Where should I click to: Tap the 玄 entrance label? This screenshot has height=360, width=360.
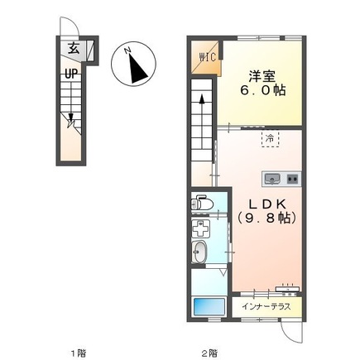click(74, 50)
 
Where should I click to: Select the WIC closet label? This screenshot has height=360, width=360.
click(205, 56)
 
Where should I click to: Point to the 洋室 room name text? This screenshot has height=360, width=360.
click(259, 73)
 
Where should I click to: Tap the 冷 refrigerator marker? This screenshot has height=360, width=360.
click(269, 139)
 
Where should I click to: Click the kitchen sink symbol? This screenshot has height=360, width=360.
click(271, 177)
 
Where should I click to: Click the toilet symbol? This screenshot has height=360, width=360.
click(202, 203)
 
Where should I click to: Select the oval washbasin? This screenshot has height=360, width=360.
click(200, 252)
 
